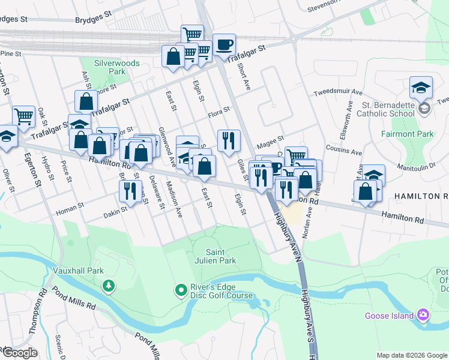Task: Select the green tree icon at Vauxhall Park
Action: click(108, 286)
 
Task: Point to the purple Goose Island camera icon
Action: click(423, 315)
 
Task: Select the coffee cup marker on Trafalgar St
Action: click(224, 45)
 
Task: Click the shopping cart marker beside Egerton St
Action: click(23, 116)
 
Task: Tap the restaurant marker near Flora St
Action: click(228, 141)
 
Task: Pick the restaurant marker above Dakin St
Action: click(130, 191)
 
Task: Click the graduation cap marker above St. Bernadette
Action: click(421, 87)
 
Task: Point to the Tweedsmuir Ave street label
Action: click(338, 93)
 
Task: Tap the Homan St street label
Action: click(70, 208)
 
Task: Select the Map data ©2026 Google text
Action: click(411, 355)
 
